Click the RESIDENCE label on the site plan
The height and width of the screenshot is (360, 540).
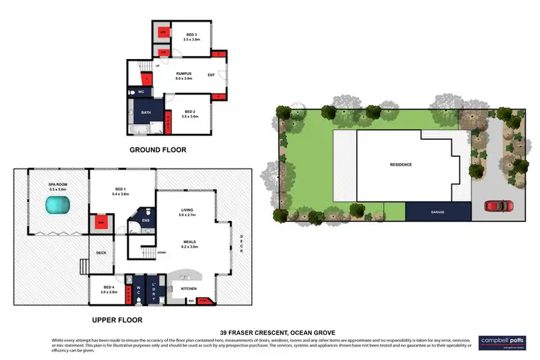click(401, 165)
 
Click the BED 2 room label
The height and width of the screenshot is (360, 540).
click(191, 112)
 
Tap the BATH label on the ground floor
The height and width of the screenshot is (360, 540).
click(145, 113)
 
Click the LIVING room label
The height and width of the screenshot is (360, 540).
click(186, 211)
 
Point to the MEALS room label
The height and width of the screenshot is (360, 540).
click(189, 243)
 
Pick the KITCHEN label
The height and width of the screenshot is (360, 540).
click(189, 288)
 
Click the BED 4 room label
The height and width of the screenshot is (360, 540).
click(108, 288)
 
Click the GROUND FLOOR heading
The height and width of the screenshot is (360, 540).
click(158, 150)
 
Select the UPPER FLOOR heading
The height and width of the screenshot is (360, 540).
click(117, 319)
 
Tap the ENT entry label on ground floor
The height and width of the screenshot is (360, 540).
click(211, 75)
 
